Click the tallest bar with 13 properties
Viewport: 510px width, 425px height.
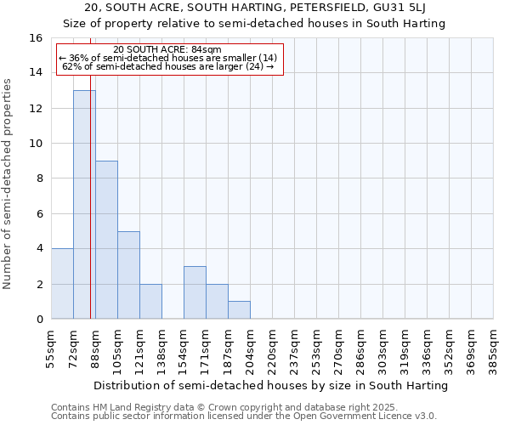point(84,204)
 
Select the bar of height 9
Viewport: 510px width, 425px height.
point(106,240)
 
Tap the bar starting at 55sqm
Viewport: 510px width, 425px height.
point(62,284)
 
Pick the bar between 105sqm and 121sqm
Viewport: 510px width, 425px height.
point(128,275)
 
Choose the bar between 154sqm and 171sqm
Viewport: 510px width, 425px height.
point(195,292)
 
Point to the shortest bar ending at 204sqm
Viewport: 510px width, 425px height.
point(239,310)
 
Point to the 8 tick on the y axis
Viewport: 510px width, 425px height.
point(39,178)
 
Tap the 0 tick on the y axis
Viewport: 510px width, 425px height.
point(39,319)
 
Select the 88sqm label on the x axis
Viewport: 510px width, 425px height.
point(95,348)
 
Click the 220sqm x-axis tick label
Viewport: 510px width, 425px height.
point(272,348)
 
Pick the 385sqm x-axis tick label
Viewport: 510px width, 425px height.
point(493,348)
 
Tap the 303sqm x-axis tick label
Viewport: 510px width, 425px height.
point(382,348)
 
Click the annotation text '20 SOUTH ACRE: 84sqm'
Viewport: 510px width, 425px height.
point(167,49)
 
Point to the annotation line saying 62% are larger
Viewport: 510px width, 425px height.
point(167,65)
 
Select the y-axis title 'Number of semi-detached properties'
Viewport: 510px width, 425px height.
point(8,184)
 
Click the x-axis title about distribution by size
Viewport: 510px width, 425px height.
point(270,385)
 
